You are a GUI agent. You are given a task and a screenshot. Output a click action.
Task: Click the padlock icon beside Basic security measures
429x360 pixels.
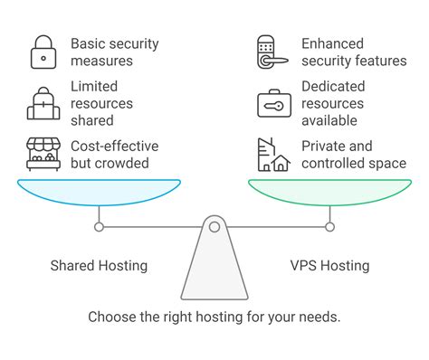coord(42,52)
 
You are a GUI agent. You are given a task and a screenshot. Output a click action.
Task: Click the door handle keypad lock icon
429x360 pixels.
coord(269,52)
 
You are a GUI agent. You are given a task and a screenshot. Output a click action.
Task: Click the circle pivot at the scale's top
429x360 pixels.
coord(214,226)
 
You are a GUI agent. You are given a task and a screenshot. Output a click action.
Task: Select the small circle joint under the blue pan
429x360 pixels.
coord(100,226)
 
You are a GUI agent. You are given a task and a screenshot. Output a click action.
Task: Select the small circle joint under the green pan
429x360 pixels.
coord(329,226)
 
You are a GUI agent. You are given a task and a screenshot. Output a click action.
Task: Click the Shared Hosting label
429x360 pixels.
coord(100,266)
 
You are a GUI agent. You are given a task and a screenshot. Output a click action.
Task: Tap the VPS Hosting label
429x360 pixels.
coord(329,266)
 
